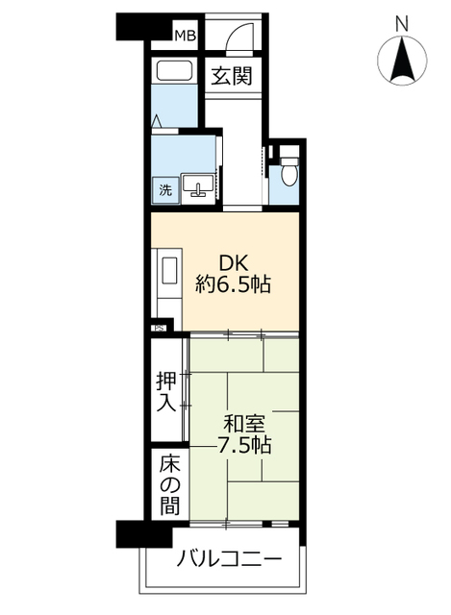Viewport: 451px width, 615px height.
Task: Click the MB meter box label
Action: [x=185, y=37]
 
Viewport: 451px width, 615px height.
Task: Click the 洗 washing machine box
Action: [x=165, y=189]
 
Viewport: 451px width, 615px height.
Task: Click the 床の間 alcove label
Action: [x=168, y=484]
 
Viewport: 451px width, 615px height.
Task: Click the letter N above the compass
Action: [x=403, y=21]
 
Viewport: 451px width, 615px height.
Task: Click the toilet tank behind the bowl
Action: [x=288, y=159]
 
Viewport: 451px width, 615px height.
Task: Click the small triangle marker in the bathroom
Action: [x=157, y=120]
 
